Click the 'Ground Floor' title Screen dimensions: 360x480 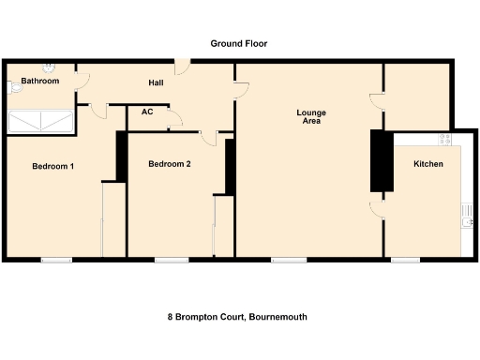[x=239, y=43]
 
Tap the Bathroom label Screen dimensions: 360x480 [x=40, y=82]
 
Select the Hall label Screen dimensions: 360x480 [x=157, y=83]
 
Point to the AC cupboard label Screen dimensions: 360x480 [x=147, y=112]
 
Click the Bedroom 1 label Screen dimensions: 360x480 [x=53, y=166]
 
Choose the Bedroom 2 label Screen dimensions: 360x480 [x=170, y=164]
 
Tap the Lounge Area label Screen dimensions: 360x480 [x=311, y=117]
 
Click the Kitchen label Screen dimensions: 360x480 [x=428, y=164]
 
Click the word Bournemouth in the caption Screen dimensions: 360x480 [x=278, y=317]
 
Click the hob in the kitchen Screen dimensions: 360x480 [x=445, y=139]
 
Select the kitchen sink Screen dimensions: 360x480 [x=466, y=218]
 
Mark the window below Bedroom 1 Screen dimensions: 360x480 [x=56, y=260]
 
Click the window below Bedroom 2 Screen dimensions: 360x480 [x=171, y=260]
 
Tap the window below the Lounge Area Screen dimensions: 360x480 [x=288, y=260]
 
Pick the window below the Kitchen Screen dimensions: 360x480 [x=405, y=260]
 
